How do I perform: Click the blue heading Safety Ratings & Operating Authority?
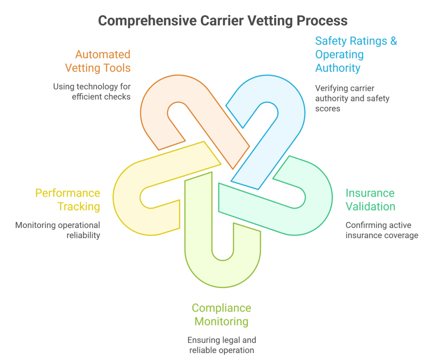pyautogui.click(x=356, y=54)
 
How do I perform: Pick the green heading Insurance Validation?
pyautogui.click(x=370, y=200)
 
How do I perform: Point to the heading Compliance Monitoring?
pyautogui.click(x=221, y=315)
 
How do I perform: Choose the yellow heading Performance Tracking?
pyautogui.click(x=68, y=200)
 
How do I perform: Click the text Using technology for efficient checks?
pyautogui.click(x=92, y=91)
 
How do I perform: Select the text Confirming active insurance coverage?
pyautogui.click(x=382, y=230)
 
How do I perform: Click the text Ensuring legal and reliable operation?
pyautogui.click(x=221, y=345)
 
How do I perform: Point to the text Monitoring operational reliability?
pyautogui.click(x=58, y=230)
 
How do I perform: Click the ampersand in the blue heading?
pyautogui.click(x=393, y=41)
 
